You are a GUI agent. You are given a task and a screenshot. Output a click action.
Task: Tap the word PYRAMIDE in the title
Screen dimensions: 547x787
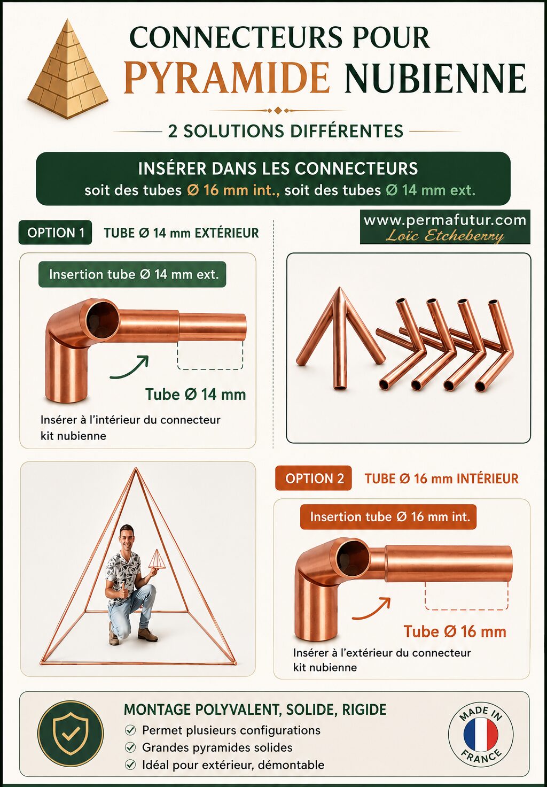pyautogui.click(x=226, y=78)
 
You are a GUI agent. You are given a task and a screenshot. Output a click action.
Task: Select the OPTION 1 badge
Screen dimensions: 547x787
pyautogui.click(x=55, y=233)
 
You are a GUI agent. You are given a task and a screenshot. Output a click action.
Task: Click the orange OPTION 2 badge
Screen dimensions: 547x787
pyautogui.click(x=314, y=478)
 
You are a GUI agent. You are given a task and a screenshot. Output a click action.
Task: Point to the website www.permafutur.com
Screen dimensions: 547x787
pyautogui.click(x=445, y=220)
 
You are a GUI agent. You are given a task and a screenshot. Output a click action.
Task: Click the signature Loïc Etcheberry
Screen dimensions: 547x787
pyautogui.click(x=445, y=236)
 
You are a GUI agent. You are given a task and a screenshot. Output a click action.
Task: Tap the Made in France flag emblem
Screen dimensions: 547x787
pyautogui.click(x=481, y=734)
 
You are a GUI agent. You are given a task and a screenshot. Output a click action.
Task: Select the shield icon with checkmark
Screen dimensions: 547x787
pyautogui.click(x=71, y=733)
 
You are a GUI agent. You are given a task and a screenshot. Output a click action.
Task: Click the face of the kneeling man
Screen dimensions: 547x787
pyautogui.click(x=127, y=536)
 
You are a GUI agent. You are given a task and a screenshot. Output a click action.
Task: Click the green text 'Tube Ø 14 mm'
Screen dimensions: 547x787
pyautogui.click(x=196, y=395)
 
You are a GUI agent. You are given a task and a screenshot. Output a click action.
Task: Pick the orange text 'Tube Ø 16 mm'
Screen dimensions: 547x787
pyautogui.click(x=455, y=631)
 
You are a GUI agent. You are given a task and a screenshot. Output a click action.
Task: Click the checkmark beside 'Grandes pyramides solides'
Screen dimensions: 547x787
pyautogui.click(x=130, y=747)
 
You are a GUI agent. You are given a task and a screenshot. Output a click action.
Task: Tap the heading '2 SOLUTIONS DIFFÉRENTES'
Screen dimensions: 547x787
pyautogui.click(x=286, y=131)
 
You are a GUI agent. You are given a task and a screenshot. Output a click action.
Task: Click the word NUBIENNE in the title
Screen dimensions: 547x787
pyautogui.click(x=435, y=78)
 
